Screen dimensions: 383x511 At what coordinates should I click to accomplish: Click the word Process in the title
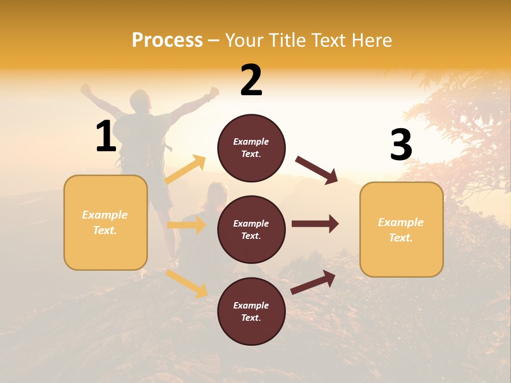tap(167, 40)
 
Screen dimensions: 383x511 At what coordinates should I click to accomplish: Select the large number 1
tap(105, 137)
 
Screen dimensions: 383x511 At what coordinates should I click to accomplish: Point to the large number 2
tap(251, 81)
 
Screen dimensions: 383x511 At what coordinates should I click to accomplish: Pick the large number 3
tap(401, 145)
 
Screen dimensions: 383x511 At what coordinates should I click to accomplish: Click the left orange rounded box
tap(105, 222)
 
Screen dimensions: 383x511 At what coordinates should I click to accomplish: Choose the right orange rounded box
tap(401, 229)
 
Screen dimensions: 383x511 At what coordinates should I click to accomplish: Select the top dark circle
tap(251, 148)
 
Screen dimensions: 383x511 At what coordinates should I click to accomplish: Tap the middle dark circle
tap(251, 229)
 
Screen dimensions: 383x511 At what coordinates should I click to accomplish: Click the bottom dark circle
tap(251, 311)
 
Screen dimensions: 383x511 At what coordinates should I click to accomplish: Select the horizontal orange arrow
tap(186, 225)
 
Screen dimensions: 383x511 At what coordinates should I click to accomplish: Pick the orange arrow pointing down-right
tap(187, 283)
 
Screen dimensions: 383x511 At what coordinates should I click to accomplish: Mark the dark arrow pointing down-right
tap(317, 170)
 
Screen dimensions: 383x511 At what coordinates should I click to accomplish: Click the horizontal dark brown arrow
tap(315, 224)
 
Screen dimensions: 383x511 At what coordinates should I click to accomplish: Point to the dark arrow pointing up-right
tap(314, 282)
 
